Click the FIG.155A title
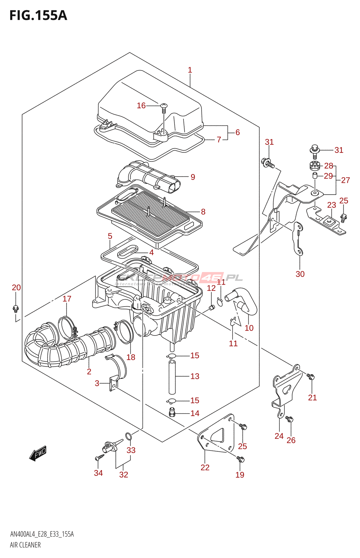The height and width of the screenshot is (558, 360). (x=38, y=16)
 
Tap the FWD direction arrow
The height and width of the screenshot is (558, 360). (x=38, y=453)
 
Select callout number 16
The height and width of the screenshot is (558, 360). (x=141, y=106)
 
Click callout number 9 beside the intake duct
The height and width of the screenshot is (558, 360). (x=193, y=177)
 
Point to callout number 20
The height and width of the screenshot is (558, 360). (x=16, y=288)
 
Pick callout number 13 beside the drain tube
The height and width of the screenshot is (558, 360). (x=195, y=376)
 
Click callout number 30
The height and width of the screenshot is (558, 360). (x=300, y=274)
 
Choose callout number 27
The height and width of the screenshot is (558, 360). (x=345, y=180)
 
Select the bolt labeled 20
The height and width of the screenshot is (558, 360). (x=15, y=308)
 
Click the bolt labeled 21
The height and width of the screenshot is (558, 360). (x=311, y=377)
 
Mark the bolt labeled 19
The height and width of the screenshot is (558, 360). (x=241, y=459)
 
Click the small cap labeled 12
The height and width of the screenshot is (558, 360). (x=211, y=307)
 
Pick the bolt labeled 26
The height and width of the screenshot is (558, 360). (x=290, y=419)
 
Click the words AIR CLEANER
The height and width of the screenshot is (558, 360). (x=25, y=545)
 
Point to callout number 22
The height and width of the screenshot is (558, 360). (x=205, y=468)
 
